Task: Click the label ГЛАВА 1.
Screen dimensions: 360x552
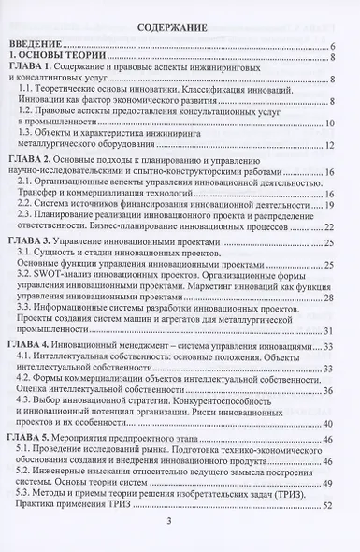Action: point(34,68)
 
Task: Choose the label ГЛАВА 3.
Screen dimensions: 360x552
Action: point(34,240)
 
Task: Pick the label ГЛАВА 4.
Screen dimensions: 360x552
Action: point(34,345)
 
